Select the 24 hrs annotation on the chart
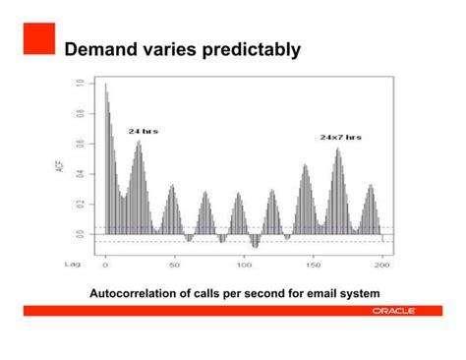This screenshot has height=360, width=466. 143,131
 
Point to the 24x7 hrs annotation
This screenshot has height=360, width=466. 340,138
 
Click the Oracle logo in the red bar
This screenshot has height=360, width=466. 392,310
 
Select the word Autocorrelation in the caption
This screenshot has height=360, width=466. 135,294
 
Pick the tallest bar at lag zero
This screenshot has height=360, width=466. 106,157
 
